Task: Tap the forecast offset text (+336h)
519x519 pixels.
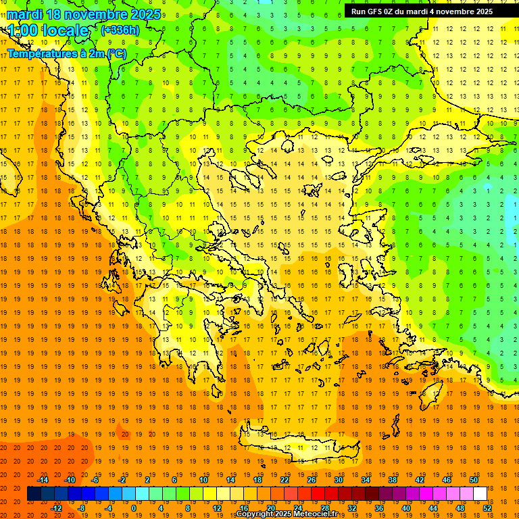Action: pyautogui.click(x=120, y=30)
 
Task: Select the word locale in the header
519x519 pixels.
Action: pyautogui.click(x=64, y=30)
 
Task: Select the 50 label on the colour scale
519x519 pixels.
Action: pyautogui.click(x=474, y=480)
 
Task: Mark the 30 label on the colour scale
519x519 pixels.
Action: pyautogui.click(x=339, y=480)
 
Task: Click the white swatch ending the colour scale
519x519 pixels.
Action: pyautogui.click(x=480, y=494)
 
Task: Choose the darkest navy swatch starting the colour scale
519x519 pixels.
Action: pyautogui.click(x=34, y=494)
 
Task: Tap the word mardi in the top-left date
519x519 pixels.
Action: pyautogui.click(x=24, y=14)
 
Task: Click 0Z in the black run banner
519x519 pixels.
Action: pyautogui.click(x=391, y=11)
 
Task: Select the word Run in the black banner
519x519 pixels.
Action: pyautogui.click(x=358, y=11)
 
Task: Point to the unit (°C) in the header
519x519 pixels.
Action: pyautogui.click(x=115, y=53)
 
